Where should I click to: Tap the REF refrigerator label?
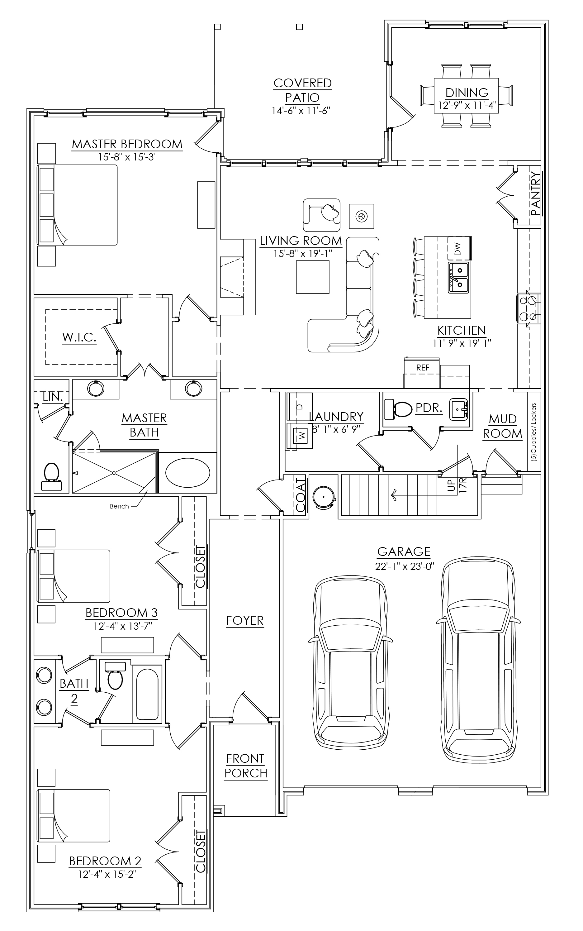[x=423, y=368]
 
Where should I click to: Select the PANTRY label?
[x=536, y=193]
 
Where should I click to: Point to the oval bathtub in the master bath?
[x=188, y=472]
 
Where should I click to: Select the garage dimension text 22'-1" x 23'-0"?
[x=404, y=566]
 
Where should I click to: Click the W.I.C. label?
[x=79, y=337]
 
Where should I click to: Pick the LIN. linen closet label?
[x=52, y=397]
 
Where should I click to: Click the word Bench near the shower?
[x=119, y=506]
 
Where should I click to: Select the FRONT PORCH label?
[x=246, y=766]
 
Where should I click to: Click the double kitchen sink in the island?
[x=458, y=277]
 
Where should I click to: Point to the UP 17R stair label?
[x=457, y=485]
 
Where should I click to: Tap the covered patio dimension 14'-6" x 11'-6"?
[x=302, y=111]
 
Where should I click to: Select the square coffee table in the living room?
[x=313, y=277]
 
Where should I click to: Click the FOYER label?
[x=245, y=621]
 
